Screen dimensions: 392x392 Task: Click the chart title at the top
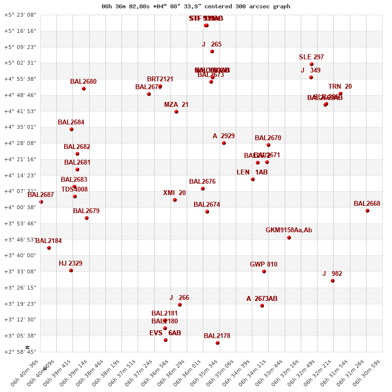tap(196, 6)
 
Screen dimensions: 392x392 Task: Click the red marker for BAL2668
tap(367, 211)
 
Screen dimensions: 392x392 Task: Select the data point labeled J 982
tap(333, 281)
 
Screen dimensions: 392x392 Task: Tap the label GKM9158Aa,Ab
tap(289, 230)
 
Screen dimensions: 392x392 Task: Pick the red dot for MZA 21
tap(176, 112)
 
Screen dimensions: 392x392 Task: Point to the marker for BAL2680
tap(84, 89)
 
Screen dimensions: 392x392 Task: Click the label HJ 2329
tap(71, 264)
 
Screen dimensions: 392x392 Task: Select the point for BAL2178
tap(218, 343)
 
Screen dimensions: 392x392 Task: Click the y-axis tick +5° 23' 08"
tap(20, 15)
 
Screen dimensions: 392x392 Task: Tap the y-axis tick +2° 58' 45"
tap(20, 352)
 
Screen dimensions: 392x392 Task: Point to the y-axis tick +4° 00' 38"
tap(20, 207)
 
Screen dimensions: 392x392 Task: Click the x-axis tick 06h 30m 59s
tap(371, 375)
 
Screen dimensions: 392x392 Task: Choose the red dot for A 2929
tap(224, 143)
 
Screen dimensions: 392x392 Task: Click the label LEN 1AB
tap(252, 172)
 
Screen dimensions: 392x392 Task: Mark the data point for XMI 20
tap(175, 200)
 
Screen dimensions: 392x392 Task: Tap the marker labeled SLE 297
tap(312, 64)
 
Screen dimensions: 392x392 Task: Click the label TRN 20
tap(340, 87)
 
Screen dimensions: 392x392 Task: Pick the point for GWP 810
tap(264, 271)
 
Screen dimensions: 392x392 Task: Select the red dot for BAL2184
tap(49, 248)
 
